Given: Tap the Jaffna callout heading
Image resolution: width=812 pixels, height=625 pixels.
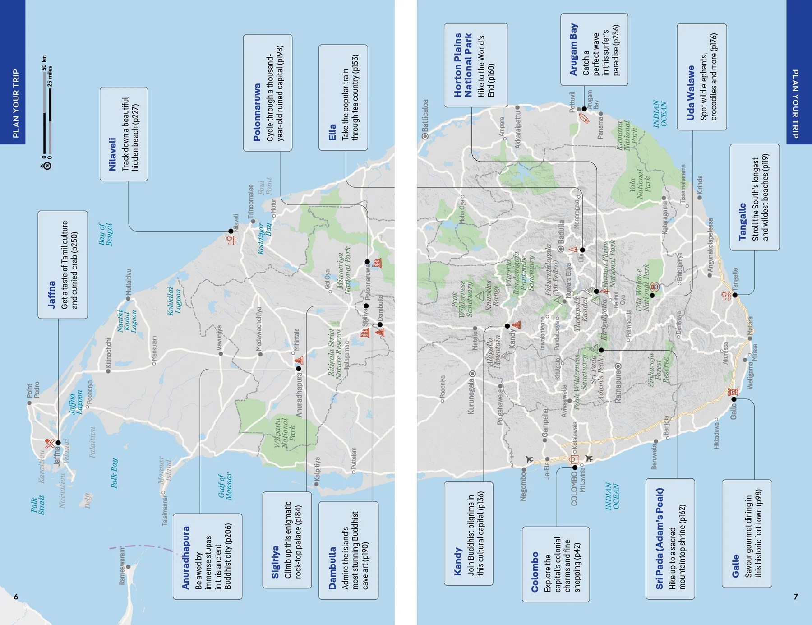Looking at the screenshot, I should [x=51, y=294].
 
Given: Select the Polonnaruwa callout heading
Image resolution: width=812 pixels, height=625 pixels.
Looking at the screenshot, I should [x=257, y=112].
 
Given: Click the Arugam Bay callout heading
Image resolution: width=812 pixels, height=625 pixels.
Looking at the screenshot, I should [x=573, y=50].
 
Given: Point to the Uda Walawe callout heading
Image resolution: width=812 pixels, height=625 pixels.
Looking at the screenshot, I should [x=691, y=93].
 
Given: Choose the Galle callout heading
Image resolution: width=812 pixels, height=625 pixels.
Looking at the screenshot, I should [x=735, y=565].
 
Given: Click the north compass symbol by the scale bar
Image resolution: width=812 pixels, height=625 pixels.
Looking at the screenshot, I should [x=46, y=166].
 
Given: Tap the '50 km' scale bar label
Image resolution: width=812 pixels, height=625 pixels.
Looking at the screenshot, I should [x=44, y=63].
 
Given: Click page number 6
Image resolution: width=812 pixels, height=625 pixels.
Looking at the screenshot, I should [x=16, y=597].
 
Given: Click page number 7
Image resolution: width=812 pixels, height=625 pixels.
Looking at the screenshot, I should [x=796, y=597].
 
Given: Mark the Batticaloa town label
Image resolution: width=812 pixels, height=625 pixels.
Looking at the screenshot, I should [x=425, y=116].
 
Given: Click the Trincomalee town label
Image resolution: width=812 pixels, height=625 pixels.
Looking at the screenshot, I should [x=251, y=200].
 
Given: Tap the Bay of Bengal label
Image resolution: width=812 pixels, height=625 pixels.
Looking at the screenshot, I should [x=105, y=235].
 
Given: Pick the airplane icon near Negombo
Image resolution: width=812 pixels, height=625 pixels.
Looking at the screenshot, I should [x=529, y=459].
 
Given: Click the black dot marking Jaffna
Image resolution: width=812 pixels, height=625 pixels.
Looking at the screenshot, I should [x=58, y=443].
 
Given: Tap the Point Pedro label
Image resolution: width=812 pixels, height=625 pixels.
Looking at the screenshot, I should [x=33, y=390].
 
